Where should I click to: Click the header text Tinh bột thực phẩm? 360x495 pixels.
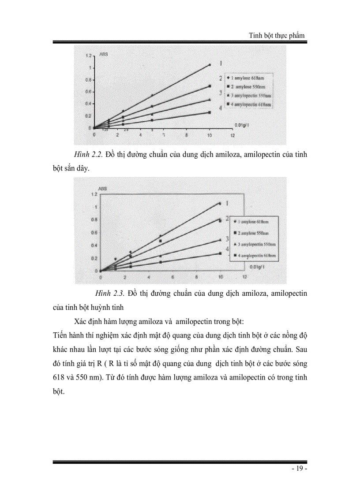click(277, 35)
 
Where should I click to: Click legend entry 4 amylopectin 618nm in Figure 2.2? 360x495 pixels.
click(249, 104)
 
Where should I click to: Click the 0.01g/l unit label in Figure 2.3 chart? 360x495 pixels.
click(257, 267)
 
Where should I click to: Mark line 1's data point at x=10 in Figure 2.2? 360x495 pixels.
click(210, 65)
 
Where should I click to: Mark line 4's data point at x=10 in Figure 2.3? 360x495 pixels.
click(220, 253)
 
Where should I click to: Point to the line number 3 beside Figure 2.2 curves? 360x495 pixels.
click(220, 93)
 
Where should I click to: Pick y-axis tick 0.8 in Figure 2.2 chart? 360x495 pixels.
click(89, 80)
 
